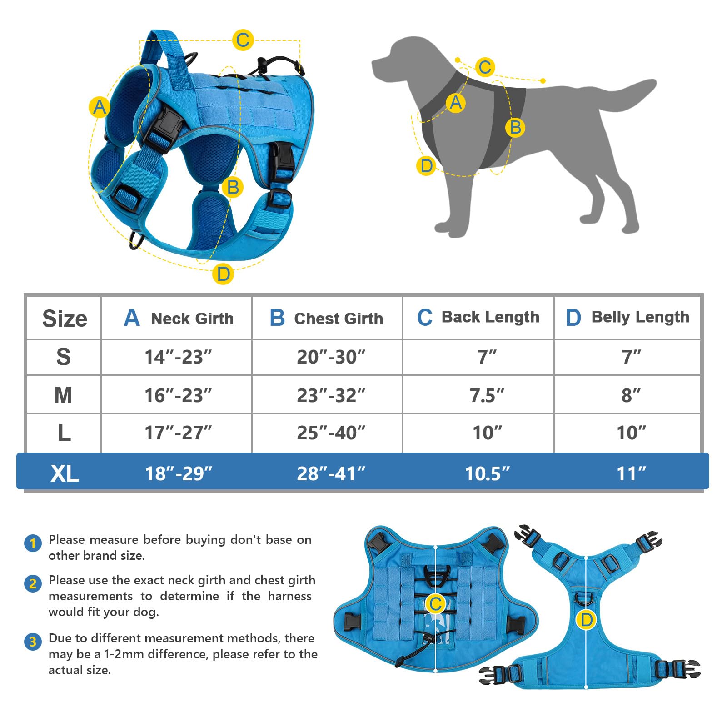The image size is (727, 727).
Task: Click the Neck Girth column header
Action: point(178,318)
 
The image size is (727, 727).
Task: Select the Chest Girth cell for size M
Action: point(331,395)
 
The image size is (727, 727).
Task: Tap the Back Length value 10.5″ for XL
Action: point(487,473)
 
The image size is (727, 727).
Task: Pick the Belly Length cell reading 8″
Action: point(631,395)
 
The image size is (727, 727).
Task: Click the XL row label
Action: point(65,473)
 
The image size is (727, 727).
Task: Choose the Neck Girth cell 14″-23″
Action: point(178,357)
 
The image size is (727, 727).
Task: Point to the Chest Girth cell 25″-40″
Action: point(331,433)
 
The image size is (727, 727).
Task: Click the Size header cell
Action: point(65,318)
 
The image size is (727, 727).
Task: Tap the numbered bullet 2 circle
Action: point(33,583)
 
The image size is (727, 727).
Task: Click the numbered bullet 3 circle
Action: point(33,642)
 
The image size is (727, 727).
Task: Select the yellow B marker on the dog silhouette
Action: point(515,127)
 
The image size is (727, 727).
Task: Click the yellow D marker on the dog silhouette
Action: point(426,166)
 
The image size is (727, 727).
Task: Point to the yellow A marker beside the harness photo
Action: point(99,108)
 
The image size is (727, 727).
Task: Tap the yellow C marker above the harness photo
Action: point(243,40)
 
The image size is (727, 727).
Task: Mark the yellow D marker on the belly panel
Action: point(586,620)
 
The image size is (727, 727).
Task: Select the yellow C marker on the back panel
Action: point(435,604)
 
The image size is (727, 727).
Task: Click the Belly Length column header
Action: point(627,317)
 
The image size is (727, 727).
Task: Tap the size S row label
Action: point(64,357)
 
